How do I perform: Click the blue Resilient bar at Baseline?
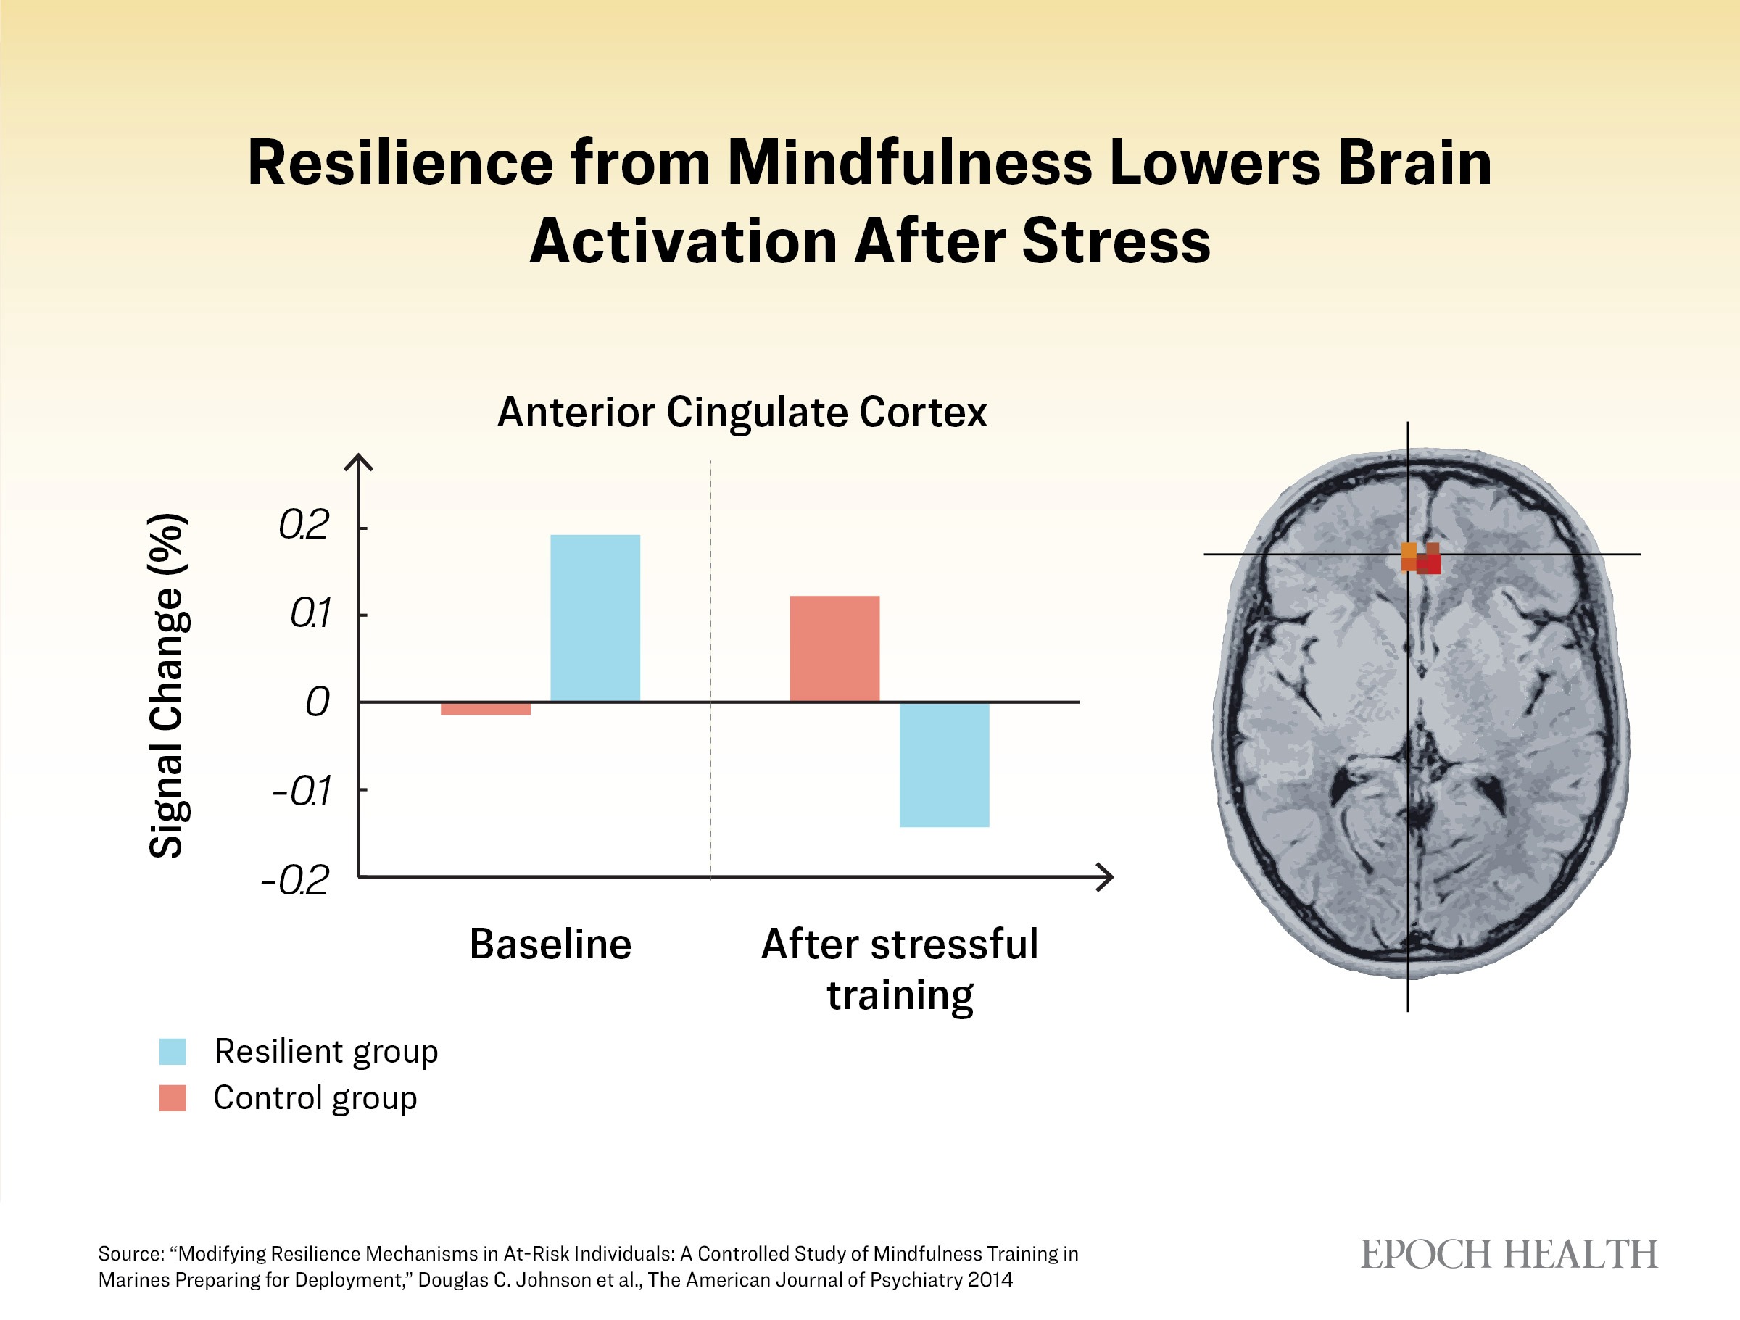click(594, 618)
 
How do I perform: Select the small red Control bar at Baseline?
click(485, 708)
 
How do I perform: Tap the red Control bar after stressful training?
click(834, 648)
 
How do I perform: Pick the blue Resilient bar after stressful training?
click(944, 765)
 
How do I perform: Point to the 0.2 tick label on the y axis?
click(304, 525)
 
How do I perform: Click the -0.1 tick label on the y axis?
click(302, 791)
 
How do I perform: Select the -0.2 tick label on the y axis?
click(295, 879)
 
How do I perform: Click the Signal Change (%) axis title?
click(167, 685)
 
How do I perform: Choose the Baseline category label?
click(550, 944)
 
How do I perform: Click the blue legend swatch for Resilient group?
click(173, 1052)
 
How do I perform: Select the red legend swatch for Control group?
click(173, 1098)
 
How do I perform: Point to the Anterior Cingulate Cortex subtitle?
click(742, 412)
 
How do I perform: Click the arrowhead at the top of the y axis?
click(359, 462)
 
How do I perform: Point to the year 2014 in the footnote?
click(990, 1280)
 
